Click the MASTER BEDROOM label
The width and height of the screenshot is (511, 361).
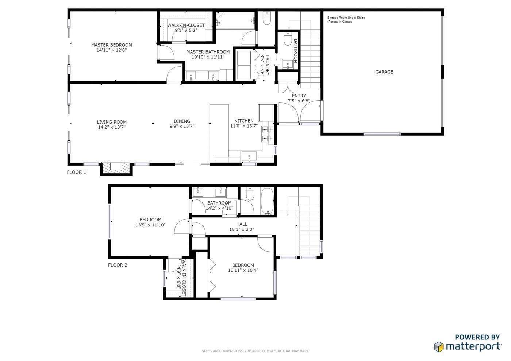tap(111, 45)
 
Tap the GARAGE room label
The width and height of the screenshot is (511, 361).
tap(384, 72)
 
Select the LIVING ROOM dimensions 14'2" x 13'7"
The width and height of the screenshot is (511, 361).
tap(112, 127)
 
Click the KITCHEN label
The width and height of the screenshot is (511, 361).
tap(244, 121)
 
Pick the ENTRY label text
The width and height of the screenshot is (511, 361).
tap(299, 96)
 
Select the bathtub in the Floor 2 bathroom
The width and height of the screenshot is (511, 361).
tap(267, 202)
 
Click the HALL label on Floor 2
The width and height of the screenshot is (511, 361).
tap(241, 224)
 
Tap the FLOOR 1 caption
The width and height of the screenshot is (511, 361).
tap(76, 172)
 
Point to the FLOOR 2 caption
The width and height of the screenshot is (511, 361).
tap(118, 265)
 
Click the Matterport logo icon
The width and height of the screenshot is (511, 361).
tap(438, 346)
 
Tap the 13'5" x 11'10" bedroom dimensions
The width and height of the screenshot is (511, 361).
tap(150, 225)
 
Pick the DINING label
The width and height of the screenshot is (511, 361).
tap(182, 121)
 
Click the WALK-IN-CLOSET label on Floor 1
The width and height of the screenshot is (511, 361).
tap(186, 25)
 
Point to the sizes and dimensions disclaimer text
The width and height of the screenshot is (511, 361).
tap(255, 351)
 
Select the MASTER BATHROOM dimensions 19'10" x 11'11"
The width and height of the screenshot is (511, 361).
tap(208, 57)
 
